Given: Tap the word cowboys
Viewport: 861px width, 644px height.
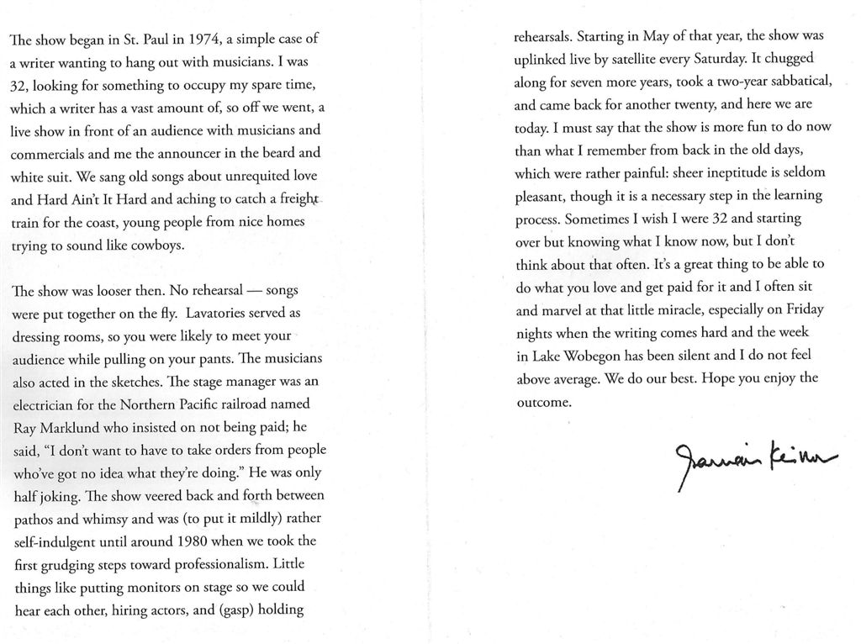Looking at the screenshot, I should (156, 246).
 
